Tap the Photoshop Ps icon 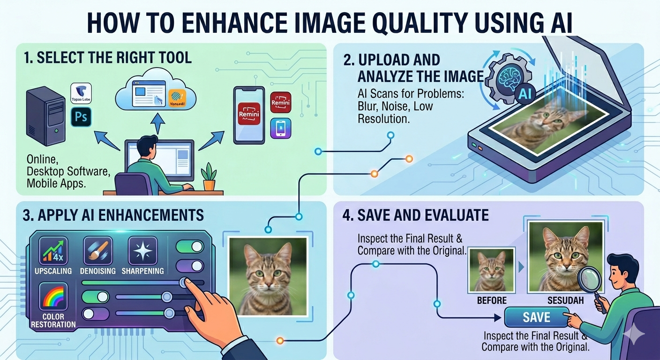point(81,116)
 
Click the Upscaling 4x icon point(52,251)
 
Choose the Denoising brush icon point(97,251)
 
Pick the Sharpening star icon point(142,251)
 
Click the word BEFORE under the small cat point(492,300)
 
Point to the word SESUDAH point(558,300)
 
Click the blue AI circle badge point(525,94)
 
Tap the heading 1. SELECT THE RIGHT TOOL point(107,58)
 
